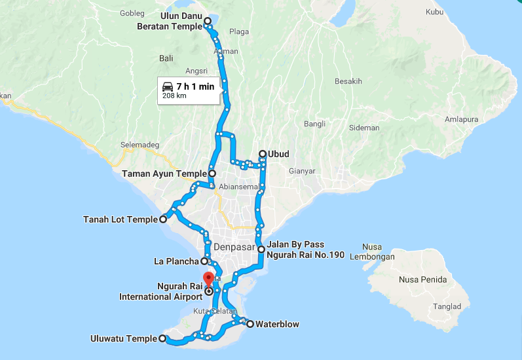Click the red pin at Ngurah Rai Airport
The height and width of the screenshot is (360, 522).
pyautogui.click(x=208, y=278)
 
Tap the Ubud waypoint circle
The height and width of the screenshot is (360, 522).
pyautogui.click(x=262, y=154)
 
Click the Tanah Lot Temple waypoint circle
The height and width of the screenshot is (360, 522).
pyautogui.click(x=163, y=220)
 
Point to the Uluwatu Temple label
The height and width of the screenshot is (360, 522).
pyautogui.click(x=124, y=338)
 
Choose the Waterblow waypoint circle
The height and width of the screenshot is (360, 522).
pyautogui.click(x=250, y=323)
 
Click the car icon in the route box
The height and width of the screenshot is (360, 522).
pyautogui.click(x=168, y=86)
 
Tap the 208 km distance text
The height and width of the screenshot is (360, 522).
pyautogui.click(x=174, y=96)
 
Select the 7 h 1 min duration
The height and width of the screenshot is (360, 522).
pyautogui.click(x=195, y=86)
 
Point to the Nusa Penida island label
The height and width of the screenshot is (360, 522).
pyautogui.click(x=422, y=280)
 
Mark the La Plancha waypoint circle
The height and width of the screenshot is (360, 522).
pyautogui.click(x=205, y=261)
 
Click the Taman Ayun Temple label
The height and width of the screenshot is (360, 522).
pyautogui.click(x=164, y=174)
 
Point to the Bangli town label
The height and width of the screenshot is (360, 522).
pyautogui.click(x=314, y=124)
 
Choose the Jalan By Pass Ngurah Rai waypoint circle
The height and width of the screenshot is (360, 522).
pyautogui.click(x=261, y=249)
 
